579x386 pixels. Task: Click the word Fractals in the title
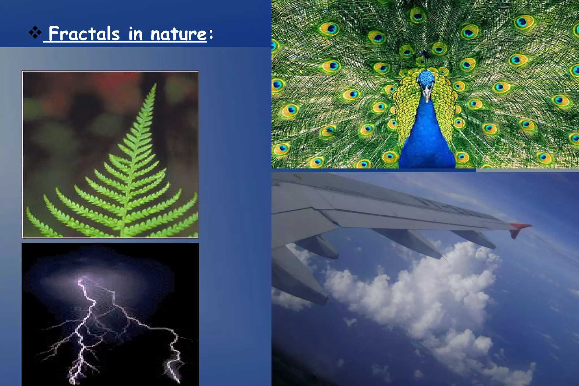click(84, 34)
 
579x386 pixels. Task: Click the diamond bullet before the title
click(35, 32)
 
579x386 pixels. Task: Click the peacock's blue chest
click(427, 136)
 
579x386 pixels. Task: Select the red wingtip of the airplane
click(519, 228)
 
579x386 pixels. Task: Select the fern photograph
click(110, 154)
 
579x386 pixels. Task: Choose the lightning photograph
click(110, 314)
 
